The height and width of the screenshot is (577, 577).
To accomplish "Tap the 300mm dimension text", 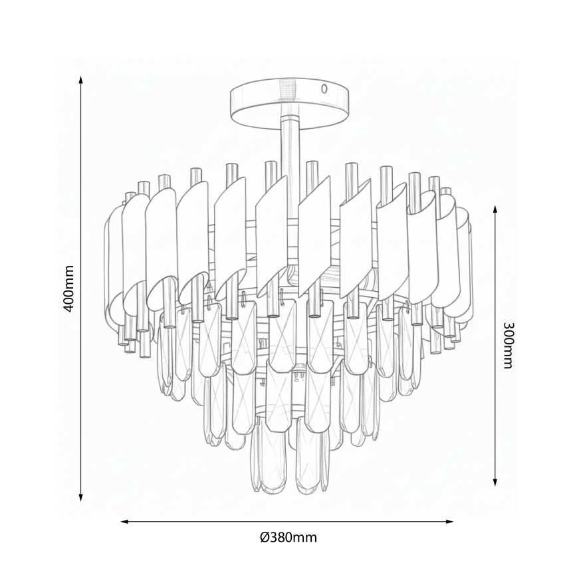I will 508,346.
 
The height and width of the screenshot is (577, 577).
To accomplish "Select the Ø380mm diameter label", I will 288,537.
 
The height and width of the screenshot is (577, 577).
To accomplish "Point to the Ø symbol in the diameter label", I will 264,537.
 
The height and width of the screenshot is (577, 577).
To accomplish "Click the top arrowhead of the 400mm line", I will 81,80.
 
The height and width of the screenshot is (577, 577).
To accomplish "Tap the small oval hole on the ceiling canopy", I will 324,88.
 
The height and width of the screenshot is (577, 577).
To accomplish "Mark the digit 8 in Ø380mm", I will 283,537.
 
